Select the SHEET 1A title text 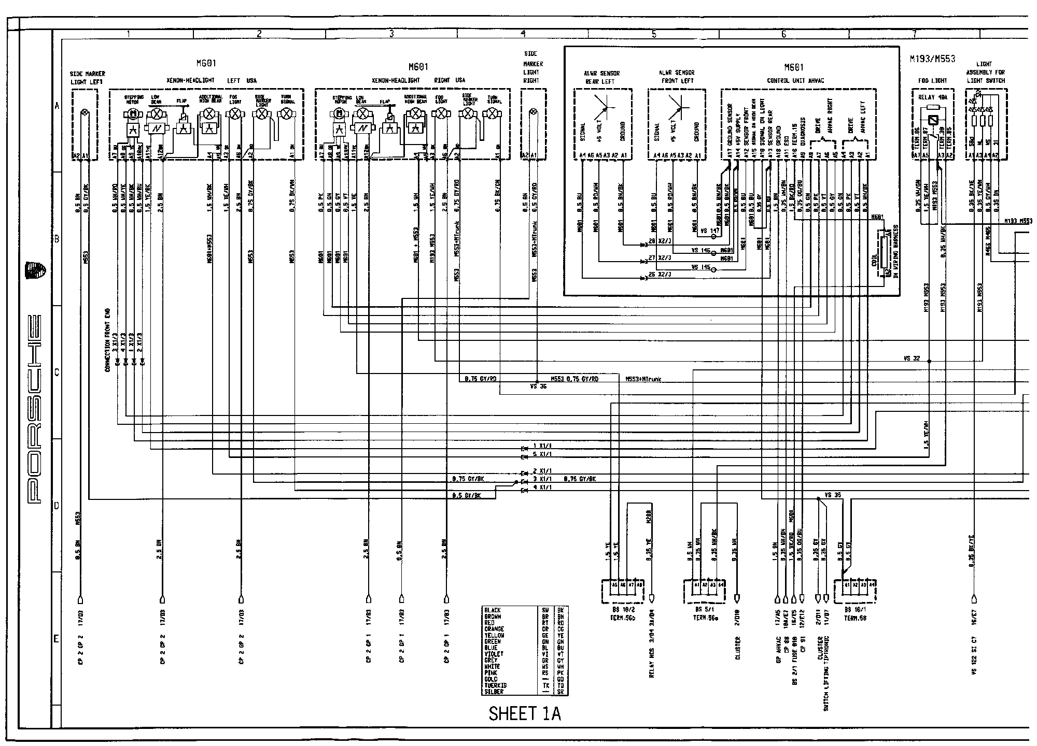(x=525, y=714)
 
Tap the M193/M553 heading (x=932, y=60)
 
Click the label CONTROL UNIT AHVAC (x=795, y=80)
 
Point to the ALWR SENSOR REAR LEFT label (x=603, y=77)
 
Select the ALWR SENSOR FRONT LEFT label (x=677, y=77)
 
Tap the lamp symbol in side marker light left (x=85, y=112)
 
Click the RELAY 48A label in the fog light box (x=932, y=97)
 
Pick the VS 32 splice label (x=911, y=358)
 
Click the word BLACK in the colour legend (x=492, y=610)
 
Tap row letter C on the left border (x=57, y=372)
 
